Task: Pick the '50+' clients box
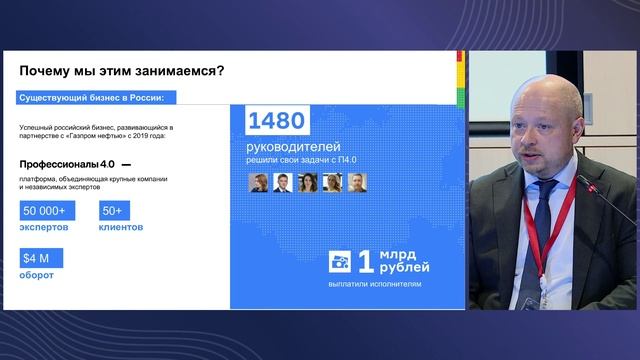[111, 211]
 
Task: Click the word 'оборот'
[37, 277]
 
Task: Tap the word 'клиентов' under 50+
[120, 228]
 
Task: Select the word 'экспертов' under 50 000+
[45, 228]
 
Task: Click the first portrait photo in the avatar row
[259, 183]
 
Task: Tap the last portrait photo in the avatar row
[358, 183]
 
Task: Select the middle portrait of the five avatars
[308, 183]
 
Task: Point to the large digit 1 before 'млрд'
[366, 261]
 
